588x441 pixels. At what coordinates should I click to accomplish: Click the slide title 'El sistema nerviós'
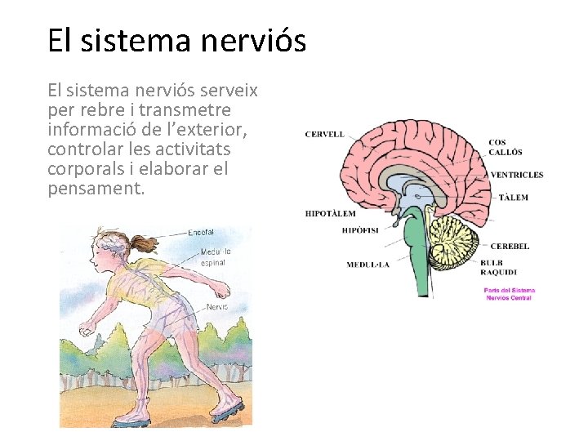pyautogui.click(x=176, y=40)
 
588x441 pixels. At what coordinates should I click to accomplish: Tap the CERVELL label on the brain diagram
pyautogui.click(x=324, y=134)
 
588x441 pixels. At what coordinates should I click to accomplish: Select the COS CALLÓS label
pyautogui.click(x=506, y=147)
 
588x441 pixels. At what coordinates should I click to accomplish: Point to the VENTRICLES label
pyautogui.click(x=516, y=175)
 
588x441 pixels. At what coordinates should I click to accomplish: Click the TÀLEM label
pyautogui.click(x=513, y=197)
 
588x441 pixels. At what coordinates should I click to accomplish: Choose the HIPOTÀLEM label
pyautogui.click(x=330, y=213)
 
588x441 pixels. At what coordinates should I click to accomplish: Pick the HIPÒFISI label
pyautogui.click(x=361, y=230)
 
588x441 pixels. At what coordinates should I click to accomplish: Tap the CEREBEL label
pyautogui.click(x=510, y=246)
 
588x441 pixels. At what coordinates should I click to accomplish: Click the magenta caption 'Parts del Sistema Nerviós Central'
pyautogui.click(x=509, y=294)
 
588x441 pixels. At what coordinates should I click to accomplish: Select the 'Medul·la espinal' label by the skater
pyautogui.click(x=216, y=256)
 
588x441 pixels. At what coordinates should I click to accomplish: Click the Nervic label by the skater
pyautogui.click(x=216, y=308)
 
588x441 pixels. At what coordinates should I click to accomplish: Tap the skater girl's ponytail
pyautogui.click(x=145, y=243)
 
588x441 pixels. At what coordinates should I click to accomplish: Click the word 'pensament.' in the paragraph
pyautogui.click(x=96, y=189)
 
